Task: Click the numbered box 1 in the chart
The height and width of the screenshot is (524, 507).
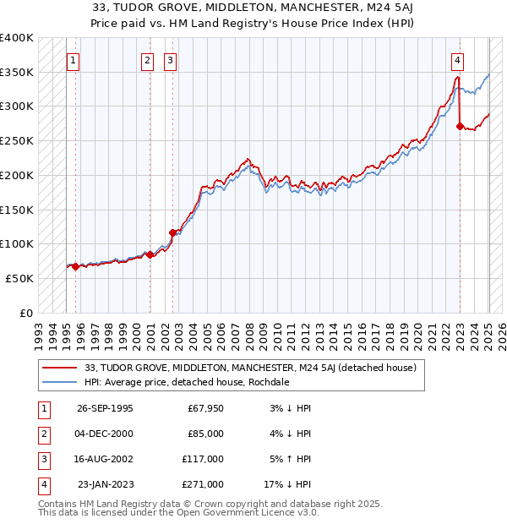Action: [x=74, y=60]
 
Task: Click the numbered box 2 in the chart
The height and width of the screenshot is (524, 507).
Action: [x=147, y=60]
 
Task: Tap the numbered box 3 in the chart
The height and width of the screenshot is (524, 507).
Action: [x=170, y=60]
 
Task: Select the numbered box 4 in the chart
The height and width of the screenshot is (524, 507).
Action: [x=457, y=60]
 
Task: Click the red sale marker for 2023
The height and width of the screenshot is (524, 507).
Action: [x=460, y=127]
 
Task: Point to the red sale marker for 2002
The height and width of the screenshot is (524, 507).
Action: [x=172, y=232]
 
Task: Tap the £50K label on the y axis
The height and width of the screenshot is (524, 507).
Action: [x=20, y=278]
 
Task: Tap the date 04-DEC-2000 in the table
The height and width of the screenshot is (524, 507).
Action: [x=104, y=434]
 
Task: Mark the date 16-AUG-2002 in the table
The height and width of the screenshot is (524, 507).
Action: [x=104, y=459]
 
